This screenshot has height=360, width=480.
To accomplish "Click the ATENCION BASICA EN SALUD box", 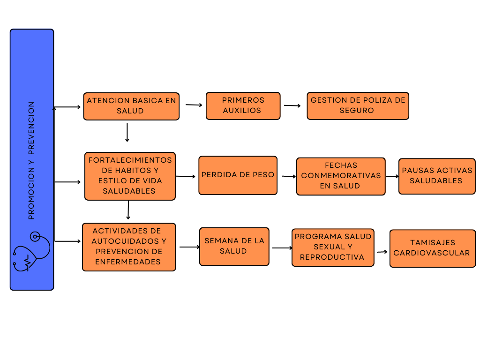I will coord(131,106).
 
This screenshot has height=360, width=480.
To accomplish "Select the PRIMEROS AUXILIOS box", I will coord(243,106).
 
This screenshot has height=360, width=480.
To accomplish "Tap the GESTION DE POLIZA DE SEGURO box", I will coord(358,106).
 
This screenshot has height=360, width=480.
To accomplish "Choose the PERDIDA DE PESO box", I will coord(238,175).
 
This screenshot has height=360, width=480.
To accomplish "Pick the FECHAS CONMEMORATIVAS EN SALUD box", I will coord(341,176).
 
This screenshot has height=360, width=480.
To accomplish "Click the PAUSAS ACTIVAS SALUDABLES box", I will coord(437,176).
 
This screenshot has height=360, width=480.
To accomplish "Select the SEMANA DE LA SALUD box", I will coord(234,247).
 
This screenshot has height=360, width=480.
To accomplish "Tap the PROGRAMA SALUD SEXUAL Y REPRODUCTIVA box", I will coord(333,247).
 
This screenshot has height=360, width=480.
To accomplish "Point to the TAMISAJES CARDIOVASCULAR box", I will coord(432,248).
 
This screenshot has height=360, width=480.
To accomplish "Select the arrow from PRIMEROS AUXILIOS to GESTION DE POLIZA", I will coord(292,105).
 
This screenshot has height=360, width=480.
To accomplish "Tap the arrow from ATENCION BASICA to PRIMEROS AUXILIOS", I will coord(194,105).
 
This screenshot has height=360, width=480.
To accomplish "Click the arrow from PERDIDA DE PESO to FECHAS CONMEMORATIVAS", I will coord(288,177).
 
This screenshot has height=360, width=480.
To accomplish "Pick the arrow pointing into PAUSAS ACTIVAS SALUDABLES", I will coord(392,177).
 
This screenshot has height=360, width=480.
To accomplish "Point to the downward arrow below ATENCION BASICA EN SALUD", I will coord(127,132).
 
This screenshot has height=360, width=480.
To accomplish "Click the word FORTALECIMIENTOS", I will coord(130,160).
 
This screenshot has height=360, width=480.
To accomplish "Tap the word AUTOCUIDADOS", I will coord(129,241).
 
